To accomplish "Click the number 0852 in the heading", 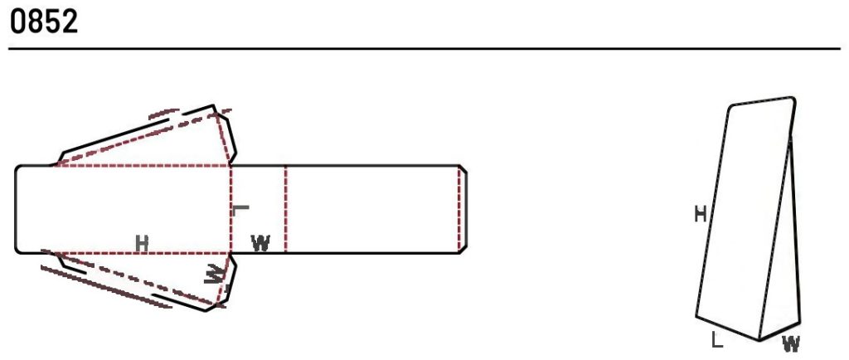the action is pyautogui.click(x=44, y=22).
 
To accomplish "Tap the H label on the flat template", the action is pyautogui.click(x=142, y=244).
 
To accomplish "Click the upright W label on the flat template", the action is pyautogui.click(x=261, y=243).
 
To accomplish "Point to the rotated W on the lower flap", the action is pyautogui.click(x=214, y=274).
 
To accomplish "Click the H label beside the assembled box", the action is pyautogui.click(x=701, y=215).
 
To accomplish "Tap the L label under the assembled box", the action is pyautogui.click(x=717, y=341).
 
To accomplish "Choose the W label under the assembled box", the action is pyautogui.click(x=791, y=343).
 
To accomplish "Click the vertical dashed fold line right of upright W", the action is pyautogui.click(x=285, y=209).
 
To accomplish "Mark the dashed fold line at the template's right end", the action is pyautogui.click(x=458, y=209).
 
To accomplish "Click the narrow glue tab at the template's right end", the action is pyautogui.click(x=463, y=209).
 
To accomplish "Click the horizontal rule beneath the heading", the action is pyautogui.click(x=424, y=49).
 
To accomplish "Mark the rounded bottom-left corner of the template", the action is pyautogui.click(x=18, y=250).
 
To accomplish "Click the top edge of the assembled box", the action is pyautogui.click(x=763, y=101).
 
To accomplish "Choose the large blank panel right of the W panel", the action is pyautogui.click(x=372, y=209).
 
